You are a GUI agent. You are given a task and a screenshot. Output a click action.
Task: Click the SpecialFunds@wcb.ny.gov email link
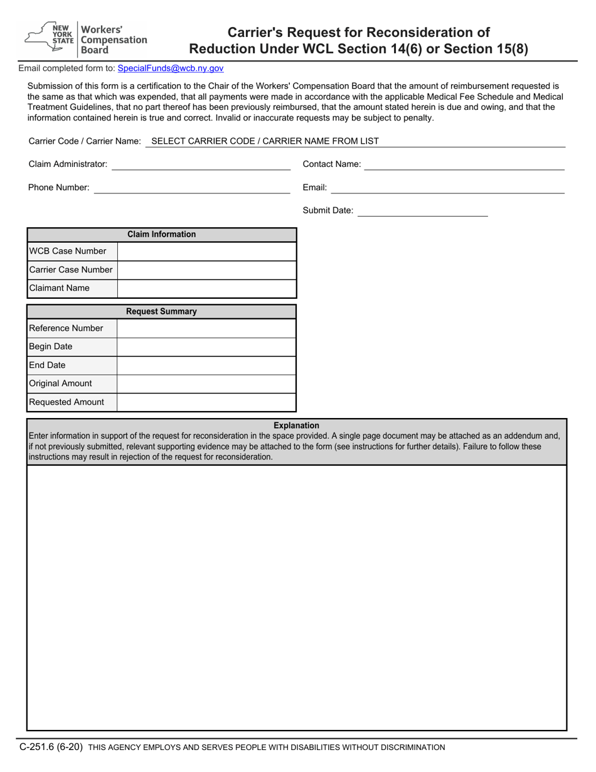pos(170,68)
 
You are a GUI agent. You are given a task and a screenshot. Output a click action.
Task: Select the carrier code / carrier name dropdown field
pos(355,141)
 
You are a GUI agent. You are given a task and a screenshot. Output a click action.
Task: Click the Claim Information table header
pos(161,235)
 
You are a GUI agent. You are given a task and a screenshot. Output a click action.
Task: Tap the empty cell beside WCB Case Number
pos(206,252)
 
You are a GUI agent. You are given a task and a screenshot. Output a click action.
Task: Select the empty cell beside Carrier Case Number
pos(206,270)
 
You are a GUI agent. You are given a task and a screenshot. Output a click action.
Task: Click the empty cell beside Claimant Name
pos(206,289)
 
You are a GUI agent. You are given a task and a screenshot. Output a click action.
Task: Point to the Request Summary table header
pos(161,312)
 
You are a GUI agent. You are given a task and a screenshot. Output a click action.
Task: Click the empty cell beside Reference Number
pos(206,328)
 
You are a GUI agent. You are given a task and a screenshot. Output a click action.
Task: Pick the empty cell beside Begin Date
pos(206,347)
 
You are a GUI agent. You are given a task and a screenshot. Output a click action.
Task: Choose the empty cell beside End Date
pos(206,365)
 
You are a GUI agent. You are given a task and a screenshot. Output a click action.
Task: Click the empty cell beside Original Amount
pos(206,384)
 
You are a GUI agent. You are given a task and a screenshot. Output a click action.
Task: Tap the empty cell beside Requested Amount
pos(206,402)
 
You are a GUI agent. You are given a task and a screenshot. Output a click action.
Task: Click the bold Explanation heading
pos(296,426)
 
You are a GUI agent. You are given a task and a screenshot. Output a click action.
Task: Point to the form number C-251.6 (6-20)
pos(51,747)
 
